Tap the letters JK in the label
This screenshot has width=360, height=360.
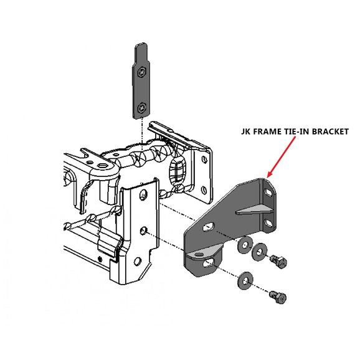coord(245,131)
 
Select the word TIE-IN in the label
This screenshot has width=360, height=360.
coord(290,131)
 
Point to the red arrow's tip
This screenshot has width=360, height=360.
coord(267,177)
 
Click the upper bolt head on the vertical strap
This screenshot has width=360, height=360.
coord(141,72)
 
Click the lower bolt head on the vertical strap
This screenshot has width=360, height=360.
coord(142,108)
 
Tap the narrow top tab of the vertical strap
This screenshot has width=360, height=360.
coord(141,52)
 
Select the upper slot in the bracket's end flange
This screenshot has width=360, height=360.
coord(268,192)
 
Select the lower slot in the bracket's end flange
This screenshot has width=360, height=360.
coord(268,222)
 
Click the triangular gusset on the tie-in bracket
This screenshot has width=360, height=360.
coord(254,210)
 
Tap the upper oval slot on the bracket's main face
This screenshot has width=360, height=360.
coord(209,227)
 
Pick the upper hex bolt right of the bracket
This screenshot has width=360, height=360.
coord(278,262)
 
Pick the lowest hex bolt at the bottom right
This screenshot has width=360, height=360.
coord(278,297)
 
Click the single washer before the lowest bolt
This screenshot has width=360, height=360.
coord(245,280)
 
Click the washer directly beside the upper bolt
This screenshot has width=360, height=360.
coord(260,252)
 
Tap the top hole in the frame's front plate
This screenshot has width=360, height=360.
coord(143,194)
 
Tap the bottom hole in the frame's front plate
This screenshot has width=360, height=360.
coord(138,262)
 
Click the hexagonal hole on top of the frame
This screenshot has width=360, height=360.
coord(101,166)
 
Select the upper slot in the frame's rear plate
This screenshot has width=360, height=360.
coord(204,159)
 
